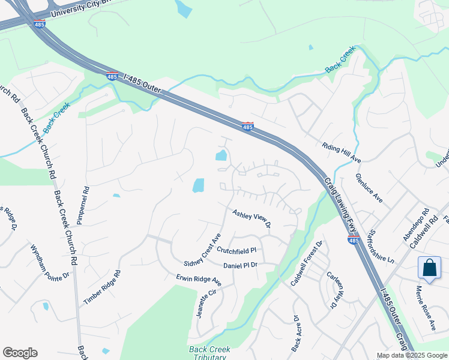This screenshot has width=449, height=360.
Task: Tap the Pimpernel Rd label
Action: [86, 205]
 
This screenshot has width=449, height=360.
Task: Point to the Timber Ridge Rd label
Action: [102, 287]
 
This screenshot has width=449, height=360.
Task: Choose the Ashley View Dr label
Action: [252, 218]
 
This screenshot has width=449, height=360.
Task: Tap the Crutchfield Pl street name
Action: [237, 250]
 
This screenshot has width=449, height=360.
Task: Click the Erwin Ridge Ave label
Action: [199, 280]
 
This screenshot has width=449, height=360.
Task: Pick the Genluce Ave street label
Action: [369, 187]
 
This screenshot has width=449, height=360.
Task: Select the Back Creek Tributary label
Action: [208, 353]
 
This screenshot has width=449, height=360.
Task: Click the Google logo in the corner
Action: [20, 353]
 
